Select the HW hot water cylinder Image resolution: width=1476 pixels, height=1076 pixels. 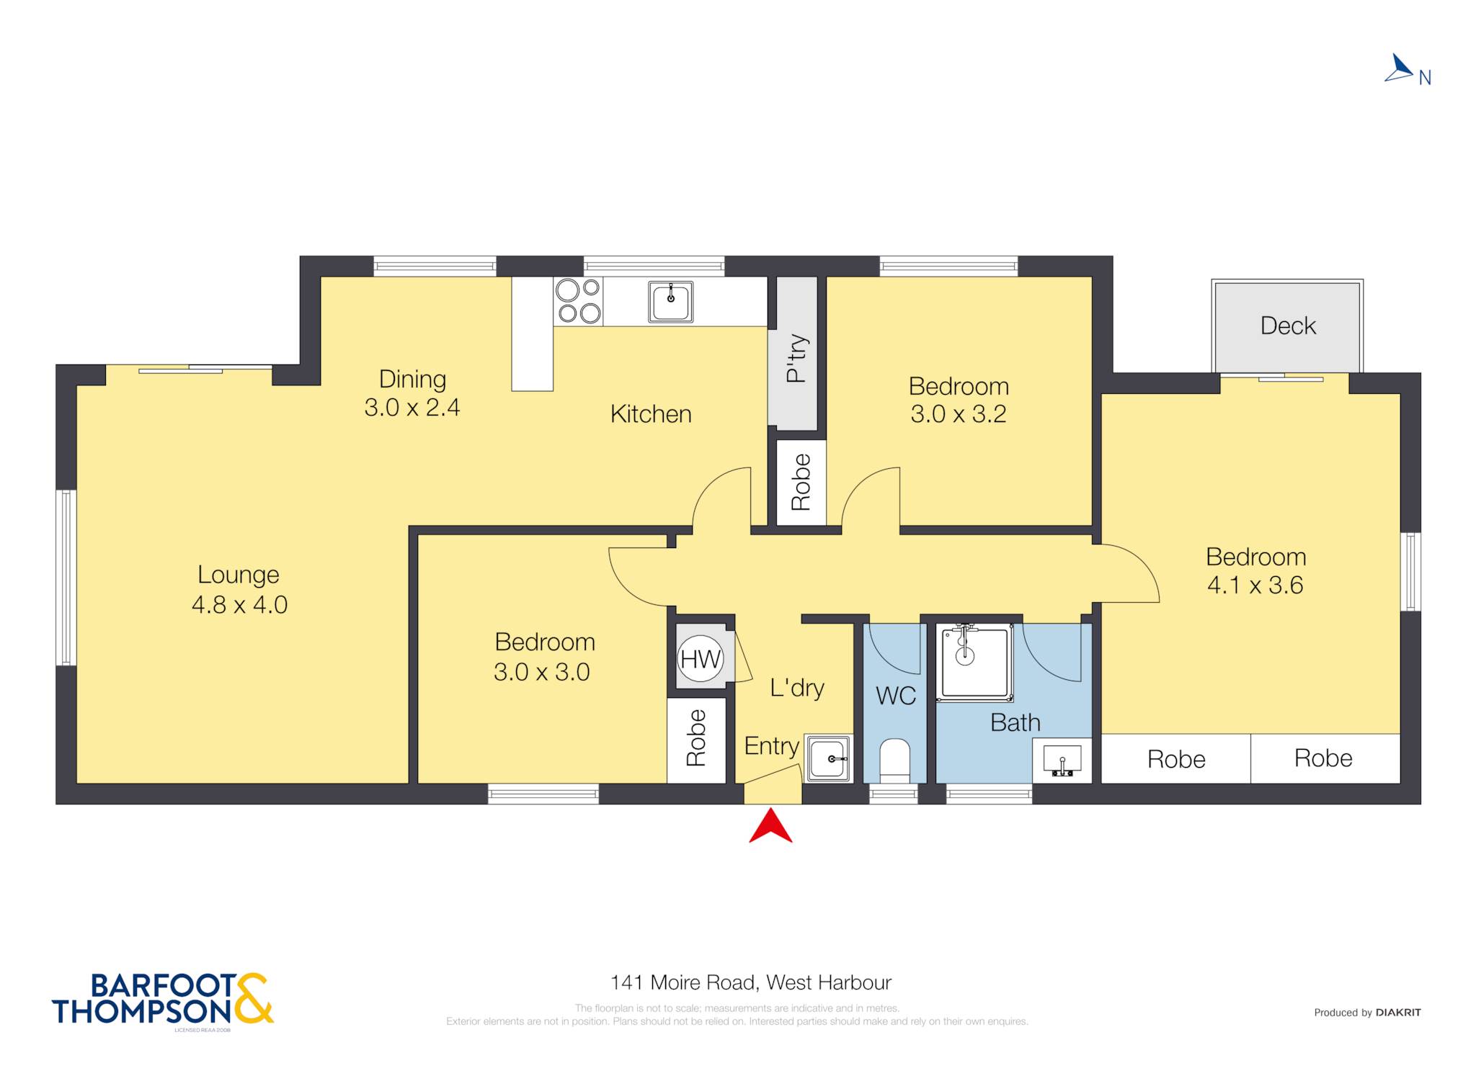click(x=701, y=658)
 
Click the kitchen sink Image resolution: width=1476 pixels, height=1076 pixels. click(x=670, y=301)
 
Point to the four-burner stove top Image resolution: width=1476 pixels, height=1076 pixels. click(x=579, y=301)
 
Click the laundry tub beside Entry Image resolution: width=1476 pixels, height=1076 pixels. click(x=829, y=758)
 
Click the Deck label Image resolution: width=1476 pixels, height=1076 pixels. click(x=1288, y=326)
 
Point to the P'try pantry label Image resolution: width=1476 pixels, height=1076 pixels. click(x=796, y=358)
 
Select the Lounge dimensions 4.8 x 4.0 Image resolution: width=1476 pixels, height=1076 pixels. click(x=239, y=604)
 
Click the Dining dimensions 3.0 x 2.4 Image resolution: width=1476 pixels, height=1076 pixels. click(x=412, y=408)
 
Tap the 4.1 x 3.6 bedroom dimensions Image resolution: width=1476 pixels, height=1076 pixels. click(x=1255, y=585)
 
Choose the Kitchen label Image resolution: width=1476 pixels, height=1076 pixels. click(x=651, y=414)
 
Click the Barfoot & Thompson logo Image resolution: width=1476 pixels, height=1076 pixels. click(x=163, y=999)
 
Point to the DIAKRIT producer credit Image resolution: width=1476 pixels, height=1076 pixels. click(x=1398, y=1013)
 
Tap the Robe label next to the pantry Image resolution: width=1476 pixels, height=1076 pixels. click(x=801, y=483)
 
